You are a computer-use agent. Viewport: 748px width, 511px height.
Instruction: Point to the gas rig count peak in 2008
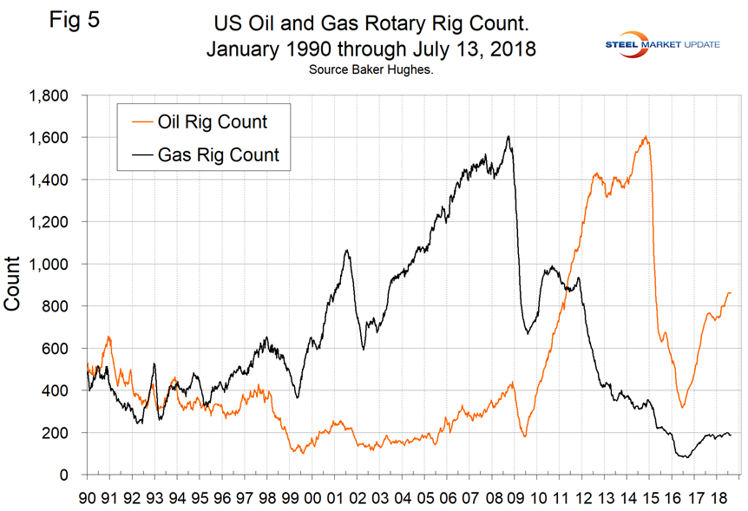click(x=508, y=136)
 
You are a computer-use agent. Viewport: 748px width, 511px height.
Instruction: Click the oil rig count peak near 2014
click(x=646, y=136)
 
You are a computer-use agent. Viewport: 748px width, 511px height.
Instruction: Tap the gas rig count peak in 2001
click(x=347, y=250)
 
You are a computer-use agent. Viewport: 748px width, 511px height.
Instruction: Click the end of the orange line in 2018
click(x=730, y=292)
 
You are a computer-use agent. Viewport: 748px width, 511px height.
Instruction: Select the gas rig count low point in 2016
click(x=686, y=456)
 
